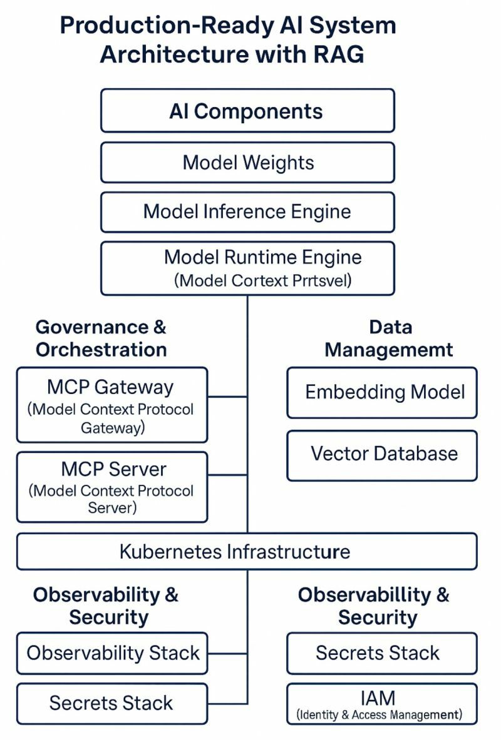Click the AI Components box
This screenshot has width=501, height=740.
[247, 111]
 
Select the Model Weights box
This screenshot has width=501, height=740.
[247, 163]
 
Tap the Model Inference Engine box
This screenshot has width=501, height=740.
[247, 212]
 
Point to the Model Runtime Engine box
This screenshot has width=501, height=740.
[247, 268]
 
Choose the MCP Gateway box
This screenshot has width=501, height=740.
[112, 405]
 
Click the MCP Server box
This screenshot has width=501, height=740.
[112, 487]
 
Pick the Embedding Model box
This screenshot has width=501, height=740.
[382, 393]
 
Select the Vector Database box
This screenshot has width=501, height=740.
[382, 455]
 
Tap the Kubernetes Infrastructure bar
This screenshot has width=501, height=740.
[247, 551]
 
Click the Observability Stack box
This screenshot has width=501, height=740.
[112, 653]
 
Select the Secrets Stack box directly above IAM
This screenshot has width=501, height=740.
[382, 653]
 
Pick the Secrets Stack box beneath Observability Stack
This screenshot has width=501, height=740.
[112, 703]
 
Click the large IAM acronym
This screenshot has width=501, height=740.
[378, 698]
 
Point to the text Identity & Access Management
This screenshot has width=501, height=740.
[379, 714]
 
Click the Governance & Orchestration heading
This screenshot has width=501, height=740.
[101, 338]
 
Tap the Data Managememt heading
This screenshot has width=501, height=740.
[388, 338]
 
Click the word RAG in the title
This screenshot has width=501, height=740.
[338, 54]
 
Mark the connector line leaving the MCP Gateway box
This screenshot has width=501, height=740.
[227, 397]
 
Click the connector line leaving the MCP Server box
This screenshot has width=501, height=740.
[227, 475]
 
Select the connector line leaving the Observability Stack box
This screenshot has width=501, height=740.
[227, 654]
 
